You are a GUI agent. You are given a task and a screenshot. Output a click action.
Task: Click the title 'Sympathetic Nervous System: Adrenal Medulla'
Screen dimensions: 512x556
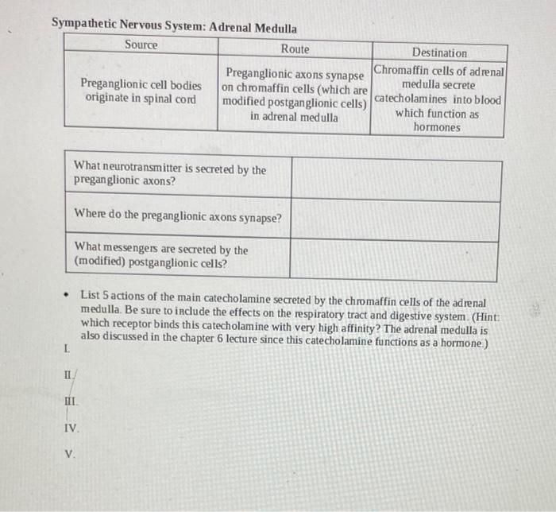[175, 26]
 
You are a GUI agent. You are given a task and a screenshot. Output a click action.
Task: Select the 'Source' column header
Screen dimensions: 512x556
[141, 45]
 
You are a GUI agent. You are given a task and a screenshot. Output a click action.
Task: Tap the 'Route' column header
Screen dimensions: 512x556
[295, 49]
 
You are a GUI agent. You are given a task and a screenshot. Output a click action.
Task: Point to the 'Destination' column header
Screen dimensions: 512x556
[439, 52]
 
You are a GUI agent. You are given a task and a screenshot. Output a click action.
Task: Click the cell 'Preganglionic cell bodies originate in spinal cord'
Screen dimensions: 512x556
[141, 91]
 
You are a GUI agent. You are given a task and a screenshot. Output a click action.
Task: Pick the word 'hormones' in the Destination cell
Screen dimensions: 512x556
[436, 127]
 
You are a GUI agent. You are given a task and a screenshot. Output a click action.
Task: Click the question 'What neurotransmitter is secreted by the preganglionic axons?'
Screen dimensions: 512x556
[169, 175]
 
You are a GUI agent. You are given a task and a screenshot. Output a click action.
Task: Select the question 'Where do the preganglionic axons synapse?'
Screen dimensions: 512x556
[177, 215]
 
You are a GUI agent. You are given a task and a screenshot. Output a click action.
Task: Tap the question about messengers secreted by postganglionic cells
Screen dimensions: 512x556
[160, 256]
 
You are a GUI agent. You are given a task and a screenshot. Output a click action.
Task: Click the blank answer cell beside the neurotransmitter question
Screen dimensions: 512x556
[396, 180]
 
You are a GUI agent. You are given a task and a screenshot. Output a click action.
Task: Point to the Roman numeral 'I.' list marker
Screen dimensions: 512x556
[65, 348]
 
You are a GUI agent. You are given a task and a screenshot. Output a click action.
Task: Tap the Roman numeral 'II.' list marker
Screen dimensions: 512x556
[68, 374]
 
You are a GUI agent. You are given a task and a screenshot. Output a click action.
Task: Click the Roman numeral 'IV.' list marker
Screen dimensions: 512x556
[71, 428]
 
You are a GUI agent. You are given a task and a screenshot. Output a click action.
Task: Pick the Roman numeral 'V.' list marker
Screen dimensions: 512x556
[70, 455]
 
